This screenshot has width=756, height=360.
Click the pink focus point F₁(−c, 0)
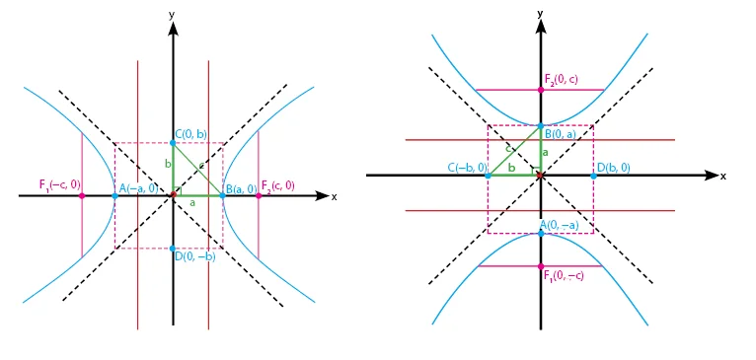coord(82,195)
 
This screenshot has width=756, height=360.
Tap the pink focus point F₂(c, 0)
coord(259,195)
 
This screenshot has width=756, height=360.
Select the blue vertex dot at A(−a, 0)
coord(114,195)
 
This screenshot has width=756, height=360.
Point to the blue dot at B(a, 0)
coord(222,195)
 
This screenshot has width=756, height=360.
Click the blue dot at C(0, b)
coord(173,143)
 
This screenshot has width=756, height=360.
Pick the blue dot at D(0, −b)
coord(173,249)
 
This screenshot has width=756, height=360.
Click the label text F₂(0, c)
coord(563,79)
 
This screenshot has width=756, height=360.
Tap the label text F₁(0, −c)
coord(564,276)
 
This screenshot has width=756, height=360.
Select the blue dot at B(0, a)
coord(541,126)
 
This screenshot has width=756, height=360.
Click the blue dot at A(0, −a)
coord(541,233)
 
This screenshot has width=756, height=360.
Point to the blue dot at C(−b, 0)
coord(488,176)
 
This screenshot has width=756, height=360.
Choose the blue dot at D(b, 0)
coord(593,176)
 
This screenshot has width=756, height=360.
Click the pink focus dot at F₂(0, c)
coord(541,89)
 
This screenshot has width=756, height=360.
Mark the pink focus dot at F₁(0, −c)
coord(541,266)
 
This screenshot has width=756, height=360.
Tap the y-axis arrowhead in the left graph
coord(173,29)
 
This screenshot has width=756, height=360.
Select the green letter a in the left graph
coord(192,203)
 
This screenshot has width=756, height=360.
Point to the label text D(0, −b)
coord(195,256)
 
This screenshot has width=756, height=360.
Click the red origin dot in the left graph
coord(173,194)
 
